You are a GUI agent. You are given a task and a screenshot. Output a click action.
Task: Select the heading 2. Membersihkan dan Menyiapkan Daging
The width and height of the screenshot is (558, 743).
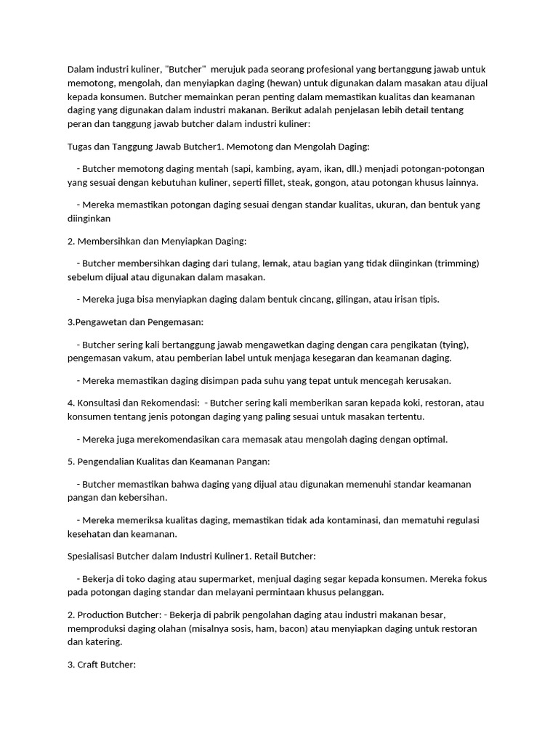(158, 240)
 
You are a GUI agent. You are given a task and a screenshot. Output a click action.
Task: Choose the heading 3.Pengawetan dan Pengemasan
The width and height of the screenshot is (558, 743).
(134, 321)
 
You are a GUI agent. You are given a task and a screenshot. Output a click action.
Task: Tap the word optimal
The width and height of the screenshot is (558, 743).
(429, 439)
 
